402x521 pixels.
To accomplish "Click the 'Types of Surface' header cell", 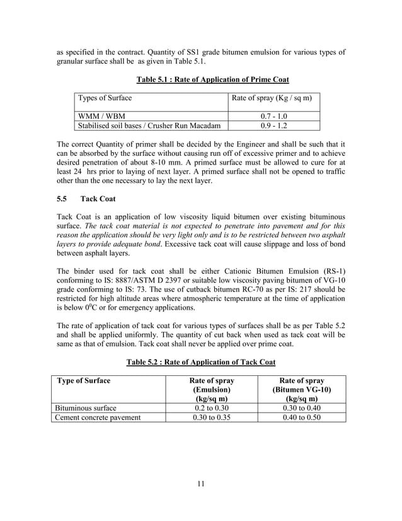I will (105, 98).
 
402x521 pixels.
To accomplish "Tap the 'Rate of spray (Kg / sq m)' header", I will (272, 98).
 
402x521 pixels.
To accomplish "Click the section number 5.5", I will (62, 199).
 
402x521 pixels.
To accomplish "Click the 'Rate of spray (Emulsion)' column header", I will (212, 390).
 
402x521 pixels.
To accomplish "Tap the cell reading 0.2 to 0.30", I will (212, 408).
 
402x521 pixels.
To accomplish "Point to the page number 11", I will (200, 484).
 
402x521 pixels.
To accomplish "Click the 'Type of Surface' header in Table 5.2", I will (84, 381).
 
